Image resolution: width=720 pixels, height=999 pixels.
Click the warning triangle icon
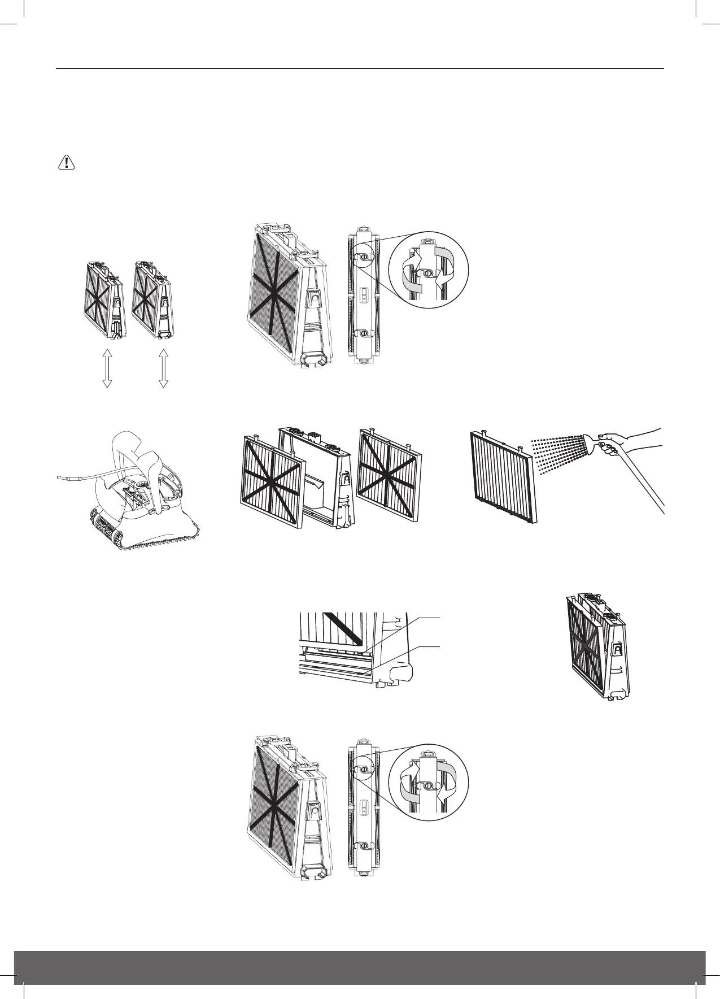tap(67, 163)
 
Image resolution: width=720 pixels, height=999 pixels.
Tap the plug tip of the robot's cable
tap(63, 478)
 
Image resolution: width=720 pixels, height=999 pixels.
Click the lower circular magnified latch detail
tap(429, 783)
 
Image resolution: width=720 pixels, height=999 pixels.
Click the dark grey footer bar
tap(360, 972)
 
